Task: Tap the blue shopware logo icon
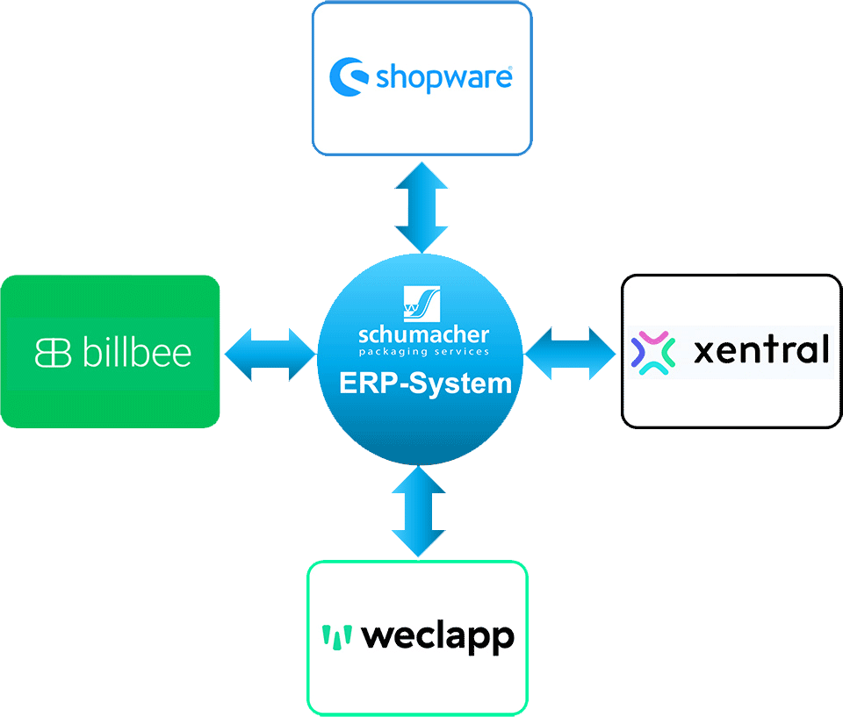349,77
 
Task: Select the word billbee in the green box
136,352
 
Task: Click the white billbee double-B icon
52,352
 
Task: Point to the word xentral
760,351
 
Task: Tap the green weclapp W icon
336,636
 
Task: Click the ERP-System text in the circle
425,384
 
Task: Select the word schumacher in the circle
424,334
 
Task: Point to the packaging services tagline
424,352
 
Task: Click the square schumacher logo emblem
422,304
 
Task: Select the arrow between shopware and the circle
421,206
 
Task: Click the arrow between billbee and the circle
270,355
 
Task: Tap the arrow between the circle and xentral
572,353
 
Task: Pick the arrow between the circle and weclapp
420,512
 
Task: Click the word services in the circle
460,352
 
